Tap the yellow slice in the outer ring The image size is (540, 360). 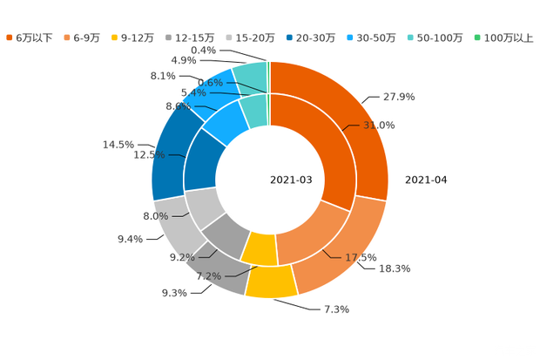[270, 282]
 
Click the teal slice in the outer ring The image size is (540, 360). [253, 76]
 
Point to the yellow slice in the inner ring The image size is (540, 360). [260, 250]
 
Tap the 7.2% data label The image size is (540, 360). [208, 276]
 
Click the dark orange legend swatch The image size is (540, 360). [9, 37]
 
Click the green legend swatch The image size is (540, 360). [476, 37]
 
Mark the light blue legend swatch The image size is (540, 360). [349, 37]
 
